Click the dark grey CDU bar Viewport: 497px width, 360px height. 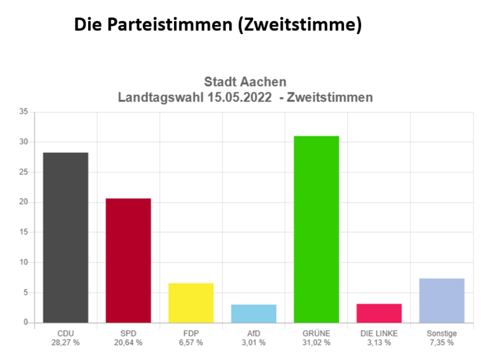[65, 237]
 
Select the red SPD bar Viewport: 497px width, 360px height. [128, 260]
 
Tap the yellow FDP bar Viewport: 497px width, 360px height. [191, 302]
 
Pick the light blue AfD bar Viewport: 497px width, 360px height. [253, 313]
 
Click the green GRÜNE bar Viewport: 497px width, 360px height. [316, 229]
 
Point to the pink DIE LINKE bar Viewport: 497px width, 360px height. [379, 313]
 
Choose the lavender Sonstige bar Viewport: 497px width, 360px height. [442, 300]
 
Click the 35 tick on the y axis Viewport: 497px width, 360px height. [24, 112]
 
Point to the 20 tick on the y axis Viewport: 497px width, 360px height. [24, 202]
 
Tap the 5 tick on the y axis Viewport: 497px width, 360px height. [25, 292]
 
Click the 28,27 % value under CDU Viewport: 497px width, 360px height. [65, 343]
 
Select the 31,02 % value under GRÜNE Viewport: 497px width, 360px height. [316, 343]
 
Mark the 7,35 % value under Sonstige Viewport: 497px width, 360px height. [442, 343]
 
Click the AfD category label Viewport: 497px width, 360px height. [253, 333]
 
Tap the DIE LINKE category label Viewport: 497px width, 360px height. [379, 333]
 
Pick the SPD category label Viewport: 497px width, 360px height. [128, 333]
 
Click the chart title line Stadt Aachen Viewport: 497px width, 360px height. [245, 82]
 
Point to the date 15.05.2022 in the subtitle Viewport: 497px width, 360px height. [239, 97]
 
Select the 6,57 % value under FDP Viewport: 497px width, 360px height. [191, 343]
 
